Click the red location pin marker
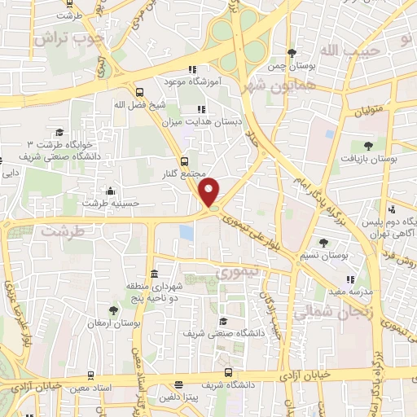coord(209,191)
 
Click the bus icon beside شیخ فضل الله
coord(139,93)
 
